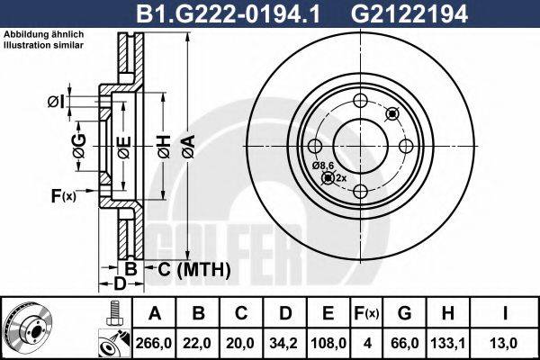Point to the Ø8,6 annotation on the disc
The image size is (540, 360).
pos(324,166)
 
